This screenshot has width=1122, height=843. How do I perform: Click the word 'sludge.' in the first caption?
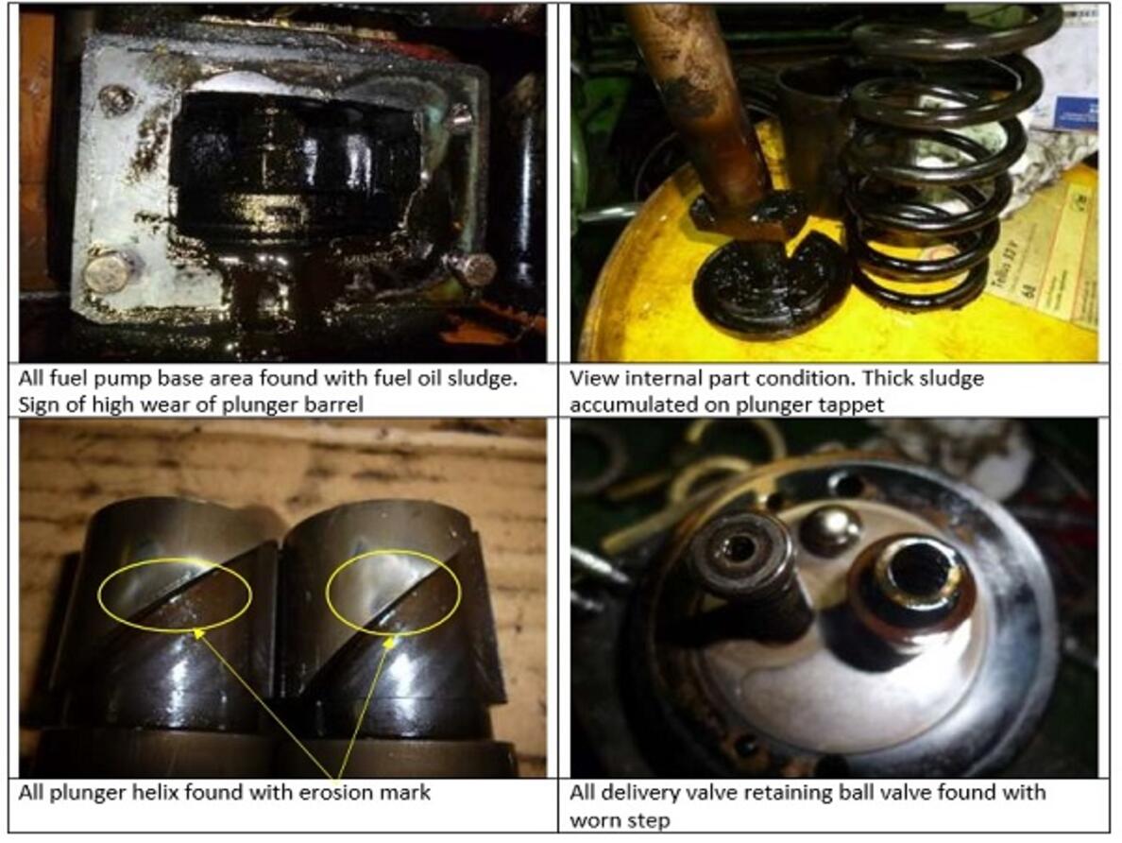click(477, 378)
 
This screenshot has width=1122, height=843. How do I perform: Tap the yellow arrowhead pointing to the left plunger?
click(198, 632)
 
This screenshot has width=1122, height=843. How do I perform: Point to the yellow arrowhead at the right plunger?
click(389, 643)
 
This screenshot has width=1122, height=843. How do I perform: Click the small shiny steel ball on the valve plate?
click(829, 530)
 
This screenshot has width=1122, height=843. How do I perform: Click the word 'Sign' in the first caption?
click(36, 405)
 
